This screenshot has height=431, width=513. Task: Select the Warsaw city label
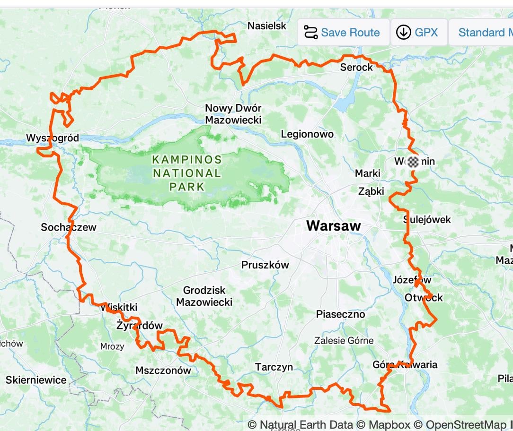coord(333,226)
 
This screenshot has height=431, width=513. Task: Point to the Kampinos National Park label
coord(186,173)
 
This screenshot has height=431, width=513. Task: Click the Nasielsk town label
coord(267,26)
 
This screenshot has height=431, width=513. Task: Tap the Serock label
coord(356,68)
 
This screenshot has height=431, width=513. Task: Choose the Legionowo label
coord(307,134)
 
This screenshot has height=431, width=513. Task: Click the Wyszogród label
coord(52,138)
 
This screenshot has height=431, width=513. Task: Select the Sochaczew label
coord(69,227)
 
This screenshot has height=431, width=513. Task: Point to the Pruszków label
coord(265,265)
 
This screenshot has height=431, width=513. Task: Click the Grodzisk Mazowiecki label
coord(204,296)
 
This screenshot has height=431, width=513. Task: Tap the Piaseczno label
coord(340,314)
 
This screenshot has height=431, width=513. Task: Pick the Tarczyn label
coord(274,367)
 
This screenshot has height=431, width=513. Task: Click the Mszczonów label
coord(163,371)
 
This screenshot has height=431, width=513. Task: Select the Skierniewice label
coord(36,380)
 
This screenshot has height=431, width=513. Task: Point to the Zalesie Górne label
coord(344,341)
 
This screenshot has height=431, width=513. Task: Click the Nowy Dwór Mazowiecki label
coord(233,114)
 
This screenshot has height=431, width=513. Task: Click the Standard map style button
coord(483,33)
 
